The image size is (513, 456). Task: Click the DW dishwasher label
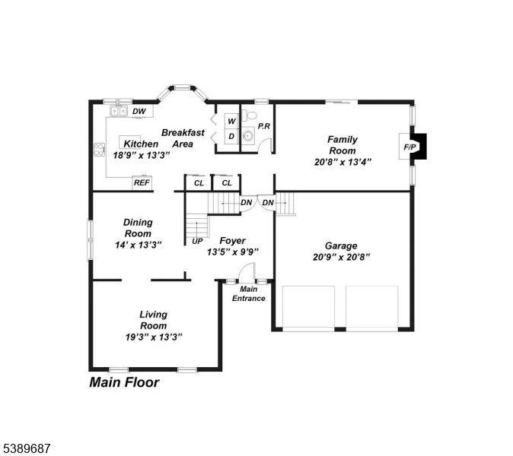pos(139,112)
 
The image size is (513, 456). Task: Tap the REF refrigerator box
pos(142,182)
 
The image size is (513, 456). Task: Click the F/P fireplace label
pos(409,146)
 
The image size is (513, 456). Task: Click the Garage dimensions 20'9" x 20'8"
pos(340,258)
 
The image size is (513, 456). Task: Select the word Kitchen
pos(141,144)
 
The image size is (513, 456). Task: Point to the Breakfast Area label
pos(183,138)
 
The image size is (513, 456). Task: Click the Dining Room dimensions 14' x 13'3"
pos(138,245)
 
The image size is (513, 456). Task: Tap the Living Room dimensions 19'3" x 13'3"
pos(153,337)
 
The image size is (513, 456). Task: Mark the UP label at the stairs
pos(197,241)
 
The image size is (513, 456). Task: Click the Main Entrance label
pos(249,293)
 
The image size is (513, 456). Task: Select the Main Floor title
pos(124,382)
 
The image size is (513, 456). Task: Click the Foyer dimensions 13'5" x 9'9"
pos(233,252)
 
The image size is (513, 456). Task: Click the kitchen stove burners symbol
pos(98,150)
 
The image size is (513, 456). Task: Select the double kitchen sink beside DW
pos(117,111)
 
